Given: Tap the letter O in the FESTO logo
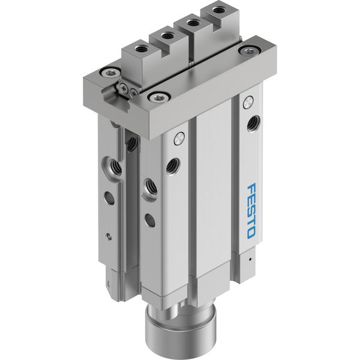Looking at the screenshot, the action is pyautogui.click(x=251, y=232).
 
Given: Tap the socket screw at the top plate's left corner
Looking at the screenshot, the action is pyautogui.click(x=110, y=73).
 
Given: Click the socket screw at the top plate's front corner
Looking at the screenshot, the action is pyautogui.click(x=158, y=98).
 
